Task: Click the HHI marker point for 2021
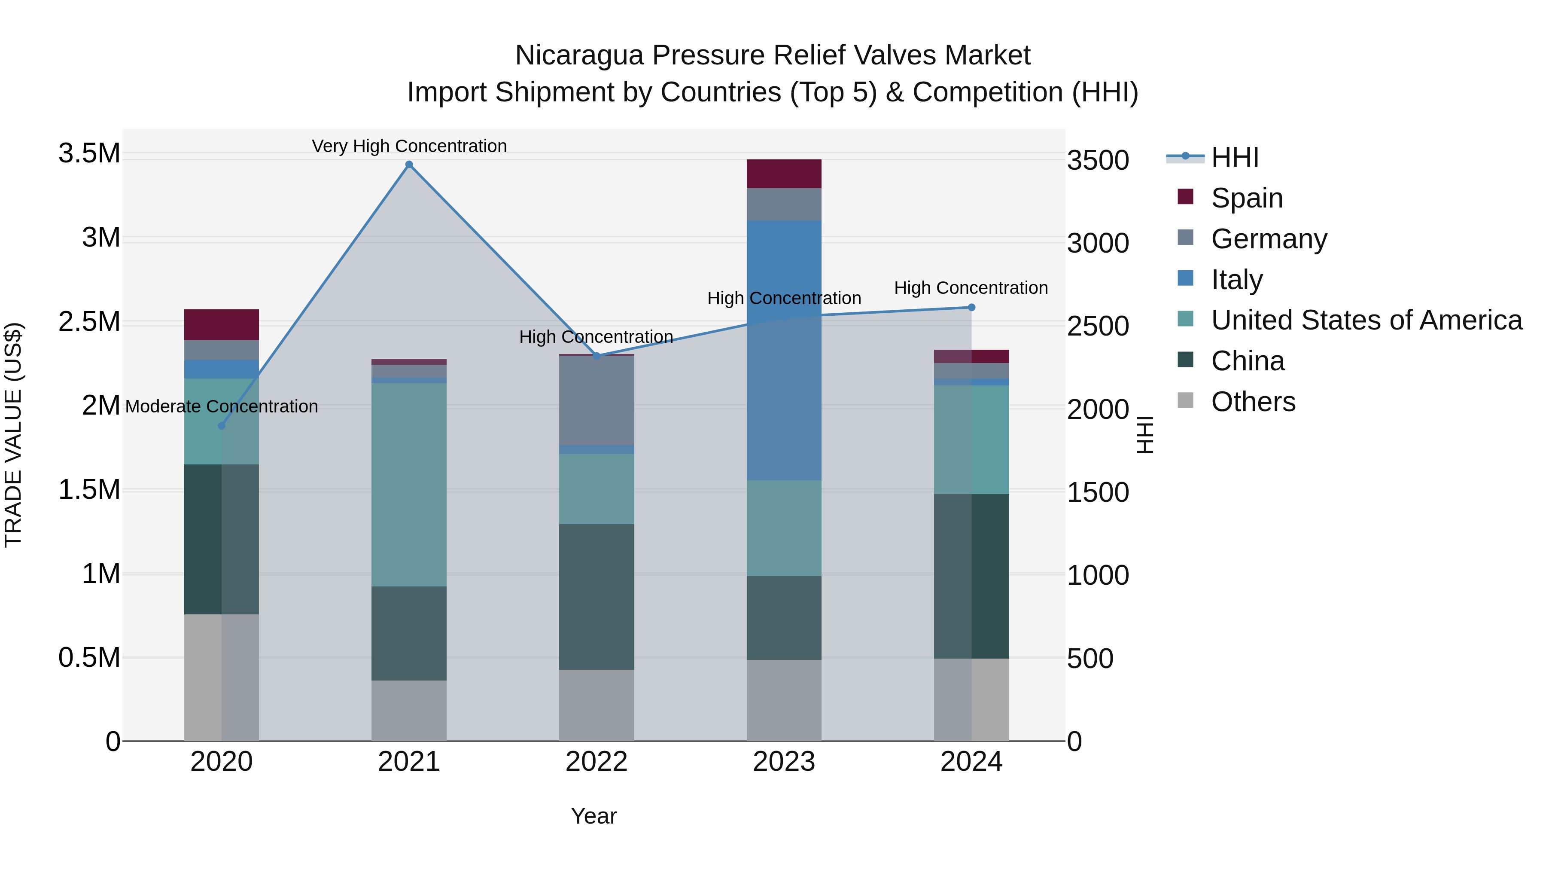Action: (x=409, y=165)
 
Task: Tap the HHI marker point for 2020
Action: (x=222, y=426)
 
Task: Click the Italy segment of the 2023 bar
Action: (x=784, y=350)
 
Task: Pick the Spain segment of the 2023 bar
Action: (x=784, y=174)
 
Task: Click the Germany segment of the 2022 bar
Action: (x=596, y=400)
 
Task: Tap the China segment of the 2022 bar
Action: (x=596, y=597)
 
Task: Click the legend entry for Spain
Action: (x=1247, y=198)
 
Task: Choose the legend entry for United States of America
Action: (x=1366, y=320)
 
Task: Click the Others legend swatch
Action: (x=1185, y=400)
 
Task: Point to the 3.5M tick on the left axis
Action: (x=89, y=154)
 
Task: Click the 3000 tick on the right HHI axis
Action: (x=1098, y=244)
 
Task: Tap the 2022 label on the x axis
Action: (x=596, y=762)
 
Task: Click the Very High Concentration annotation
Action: (x=409, y=147)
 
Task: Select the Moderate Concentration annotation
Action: (x=222, y=406)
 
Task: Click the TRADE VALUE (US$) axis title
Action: (x=14, y=435)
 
